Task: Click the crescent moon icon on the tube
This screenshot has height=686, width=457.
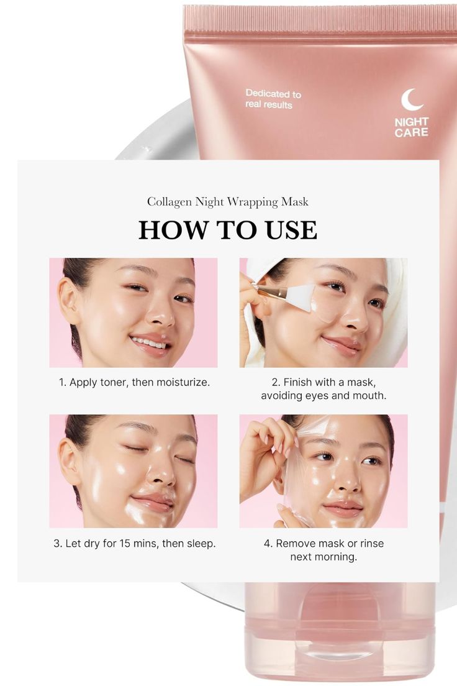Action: click(412, 99)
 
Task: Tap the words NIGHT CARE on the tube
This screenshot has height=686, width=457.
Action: click(411, 127)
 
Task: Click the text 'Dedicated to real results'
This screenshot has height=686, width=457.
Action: click(273, 99)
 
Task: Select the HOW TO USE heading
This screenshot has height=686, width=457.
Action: click(228, 230)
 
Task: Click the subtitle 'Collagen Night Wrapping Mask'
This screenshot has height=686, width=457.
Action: click(228, 201)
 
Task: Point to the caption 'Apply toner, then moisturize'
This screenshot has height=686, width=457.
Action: click(134, 382)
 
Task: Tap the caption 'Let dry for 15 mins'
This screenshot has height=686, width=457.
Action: click(134, 543)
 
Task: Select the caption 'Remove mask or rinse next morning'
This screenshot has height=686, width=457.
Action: click(324, 550)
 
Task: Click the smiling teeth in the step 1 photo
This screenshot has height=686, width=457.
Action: click(149, 341)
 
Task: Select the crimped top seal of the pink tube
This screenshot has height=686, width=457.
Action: click(320, 19)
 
